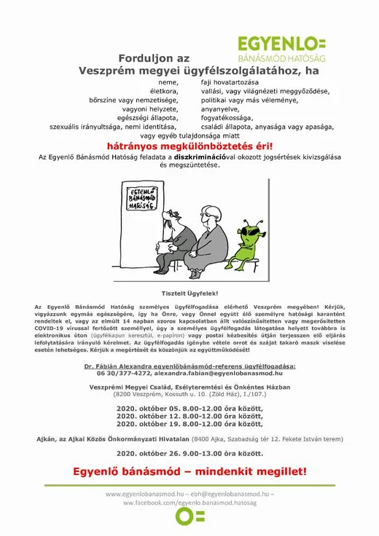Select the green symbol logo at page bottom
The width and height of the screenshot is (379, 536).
point(189,516)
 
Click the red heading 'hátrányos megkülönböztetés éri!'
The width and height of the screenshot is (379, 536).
point(189,146)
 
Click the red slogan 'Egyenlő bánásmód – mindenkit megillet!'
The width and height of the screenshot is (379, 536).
point(189,471)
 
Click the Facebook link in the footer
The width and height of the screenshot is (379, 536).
point(189,502)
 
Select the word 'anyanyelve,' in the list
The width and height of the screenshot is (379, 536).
point(219,109)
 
